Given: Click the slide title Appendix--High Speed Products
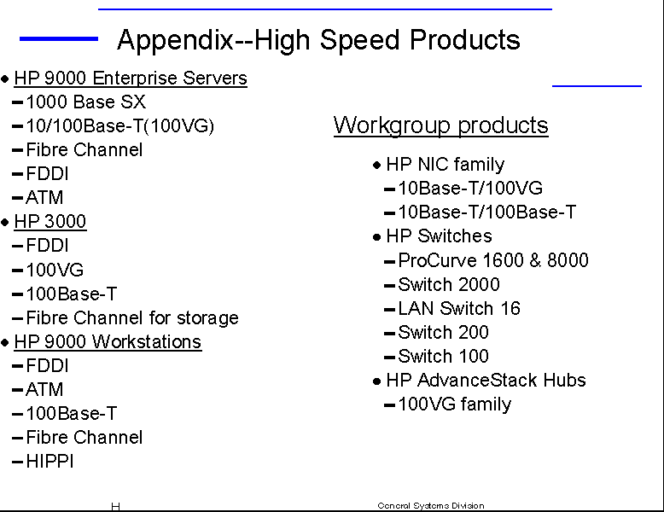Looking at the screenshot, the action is [318, 40].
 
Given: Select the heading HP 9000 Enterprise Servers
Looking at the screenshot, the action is [131, 79].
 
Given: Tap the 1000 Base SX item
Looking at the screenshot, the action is [86, 102].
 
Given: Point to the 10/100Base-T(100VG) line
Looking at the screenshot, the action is [120, 125].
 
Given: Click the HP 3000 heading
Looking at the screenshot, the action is [50, 222].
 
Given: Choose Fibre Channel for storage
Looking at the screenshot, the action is [132, 318].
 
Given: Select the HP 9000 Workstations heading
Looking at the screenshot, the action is [108, 342].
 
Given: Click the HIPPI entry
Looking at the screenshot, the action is [50, 461].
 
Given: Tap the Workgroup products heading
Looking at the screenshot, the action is [441, 125].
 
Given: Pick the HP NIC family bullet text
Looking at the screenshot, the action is [445, 165].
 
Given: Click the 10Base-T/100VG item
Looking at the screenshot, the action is [470, 188].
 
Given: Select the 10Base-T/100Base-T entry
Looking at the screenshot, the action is [487, 212].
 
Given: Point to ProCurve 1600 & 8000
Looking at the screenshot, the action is [493, 260].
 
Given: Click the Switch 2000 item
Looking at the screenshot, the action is [449, 284].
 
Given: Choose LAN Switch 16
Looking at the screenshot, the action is [459, 308].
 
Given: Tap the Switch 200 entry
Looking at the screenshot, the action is [443, 332].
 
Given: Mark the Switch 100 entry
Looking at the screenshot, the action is [443, 356].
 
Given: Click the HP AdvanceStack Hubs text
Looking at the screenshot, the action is [486, 381].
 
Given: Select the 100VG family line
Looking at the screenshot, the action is [455, 404].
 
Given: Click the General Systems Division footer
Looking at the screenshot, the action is [431, 506].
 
